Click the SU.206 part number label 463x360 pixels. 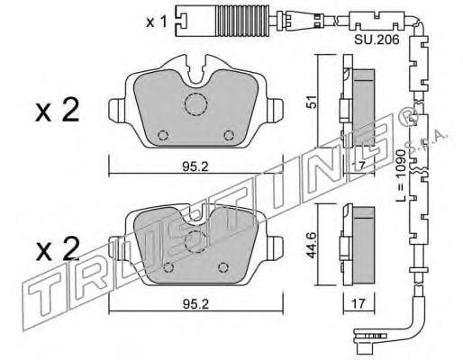[x=377, y=40]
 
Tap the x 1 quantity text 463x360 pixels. [x=156, y=22]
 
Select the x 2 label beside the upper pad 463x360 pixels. [x=58, y=111]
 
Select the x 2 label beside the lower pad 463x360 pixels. [x=58, y=249]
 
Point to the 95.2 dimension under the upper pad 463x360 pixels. [x=195, y=166]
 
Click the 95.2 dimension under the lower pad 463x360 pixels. [x=195, y=304]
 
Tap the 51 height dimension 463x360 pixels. [x=313, y=102]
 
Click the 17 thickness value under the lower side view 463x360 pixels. [x=359, y=303]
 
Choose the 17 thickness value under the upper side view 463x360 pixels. [x=359, y=166]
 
